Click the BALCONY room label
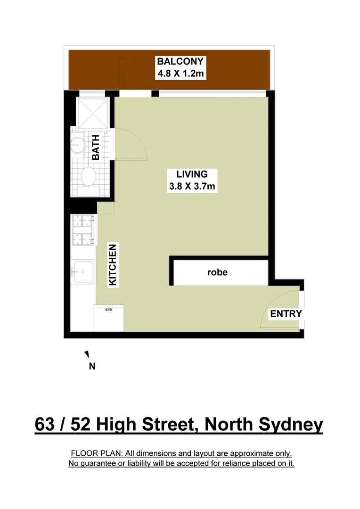[180, 61]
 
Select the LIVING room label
[192, 174]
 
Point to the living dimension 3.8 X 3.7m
[192, 186]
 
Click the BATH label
[96, 148]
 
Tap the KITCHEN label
[113, 264]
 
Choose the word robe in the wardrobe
[217, 272]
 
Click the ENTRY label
[286, 314]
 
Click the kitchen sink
[82, 271]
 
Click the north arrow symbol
[87, 354]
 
